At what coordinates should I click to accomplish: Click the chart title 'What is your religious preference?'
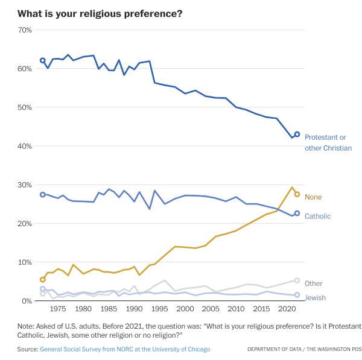pos(100,14)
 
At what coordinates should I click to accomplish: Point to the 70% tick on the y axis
pos(25,30)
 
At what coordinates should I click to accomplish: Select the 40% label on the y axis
pos(25,146)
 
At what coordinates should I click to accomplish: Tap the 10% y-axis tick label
pos(25,262)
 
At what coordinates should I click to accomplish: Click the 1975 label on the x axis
pos(58,309)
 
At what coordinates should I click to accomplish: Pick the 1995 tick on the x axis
pos(159,309)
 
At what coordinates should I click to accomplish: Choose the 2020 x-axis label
pos(287,309)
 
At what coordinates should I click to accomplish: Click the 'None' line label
pos(313,197)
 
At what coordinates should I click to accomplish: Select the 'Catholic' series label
pos(318,216)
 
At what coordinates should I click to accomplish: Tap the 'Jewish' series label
pos(316,298)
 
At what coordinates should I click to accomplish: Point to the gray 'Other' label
pos(314,283)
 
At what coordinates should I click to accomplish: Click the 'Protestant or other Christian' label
pos(328,143)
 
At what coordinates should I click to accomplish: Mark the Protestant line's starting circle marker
pos(42,60)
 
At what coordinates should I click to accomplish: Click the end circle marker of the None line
pos(297,194)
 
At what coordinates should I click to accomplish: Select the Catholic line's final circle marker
pos(297,213)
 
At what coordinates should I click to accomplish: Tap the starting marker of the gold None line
pos(42,280)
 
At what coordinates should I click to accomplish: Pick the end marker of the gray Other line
pos(297,280)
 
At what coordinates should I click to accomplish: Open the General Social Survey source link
pos(125,349)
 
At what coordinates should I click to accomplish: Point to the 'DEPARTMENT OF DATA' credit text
pos(275,349)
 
